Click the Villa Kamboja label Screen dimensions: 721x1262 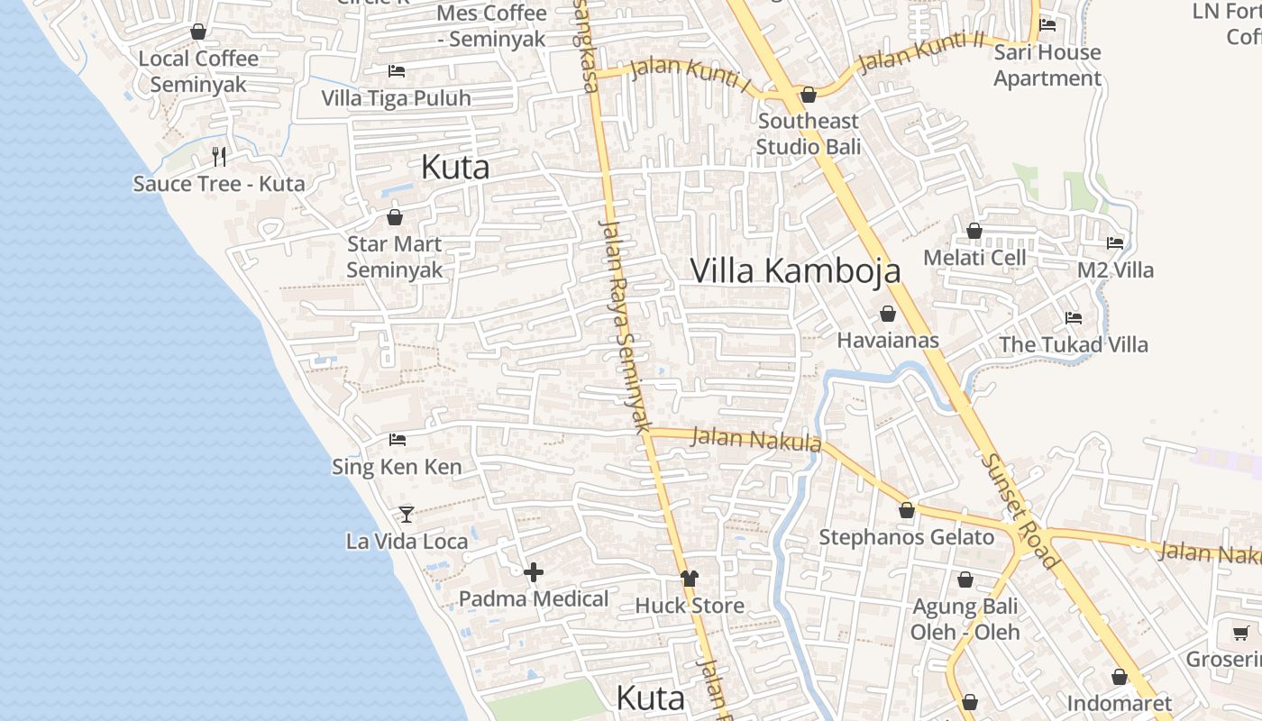[795, 270]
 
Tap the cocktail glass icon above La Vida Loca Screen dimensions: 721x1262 [407, 514]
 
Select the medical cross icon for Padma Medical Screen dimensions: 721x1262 [534, 571]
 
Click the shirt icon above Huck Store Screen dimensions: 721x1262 [690, 579]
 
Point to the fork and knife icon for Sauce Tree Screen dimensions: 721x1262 [218, 157]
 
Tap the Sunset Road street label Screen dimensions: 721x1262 [1020, 511]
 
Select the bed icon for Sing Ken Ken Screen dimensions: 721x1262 [398, 440]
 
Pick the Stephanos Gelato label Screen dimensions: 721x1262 [906, 538]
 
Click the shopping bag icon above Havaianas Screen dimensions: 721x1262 [888, 314]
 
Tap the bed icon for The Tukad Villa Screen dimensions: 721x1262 [1073, 318]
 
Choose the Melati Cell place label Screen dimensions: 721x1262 [974, 258]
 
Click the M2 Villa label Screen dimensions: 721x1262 [1115, 269]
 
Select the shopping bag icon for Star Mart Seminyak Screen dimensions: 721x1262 [394, 217]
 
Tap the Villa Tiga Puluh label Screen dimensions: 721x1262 [397, 98]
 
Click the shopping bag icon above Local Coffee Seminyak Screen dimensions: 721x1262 [198, 32]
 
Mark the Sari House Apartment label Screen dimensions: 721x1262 [1047, 65]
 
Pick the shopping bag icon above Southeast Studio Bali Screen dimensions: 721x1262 [809, 95]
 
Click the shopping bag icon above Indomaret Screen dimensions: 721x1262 [1120, 677]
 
